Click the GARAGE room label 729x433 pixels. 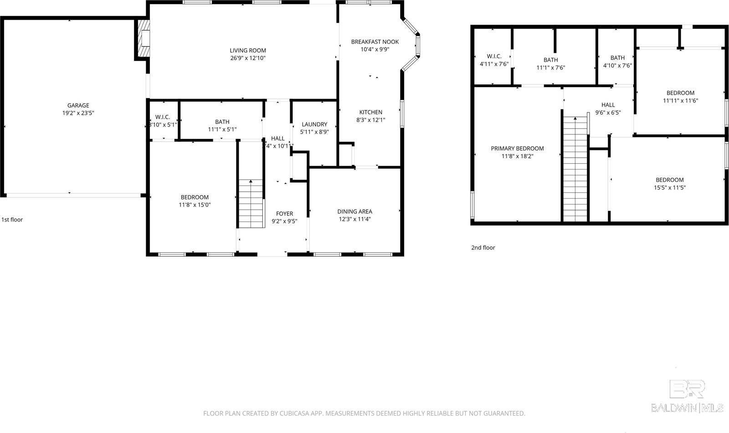[78, 105]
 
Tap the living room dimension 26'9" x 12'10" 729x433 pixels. [248, 58]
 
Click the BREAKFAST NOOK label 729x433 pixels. [375, 41]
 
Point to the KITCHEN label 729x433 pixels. [370, 112]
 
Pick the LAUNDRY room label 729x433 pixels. [314, 124]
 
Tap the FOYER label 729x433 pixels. [284, 213]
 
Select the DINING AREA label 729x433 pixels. [354, 211]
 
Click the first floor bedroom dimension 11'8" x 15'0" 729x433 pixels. [195, 205]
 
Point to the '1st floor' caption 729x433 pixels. [12, 220]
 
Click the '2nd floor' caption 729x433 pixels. [483, 247]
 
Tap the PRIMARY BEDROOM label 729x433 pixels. [517, 148]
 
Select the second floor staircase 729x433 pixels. [575, 169]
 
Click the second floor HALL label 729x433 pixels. [608, 105]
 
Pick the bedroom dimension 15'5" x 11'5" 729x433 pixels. [669, 187]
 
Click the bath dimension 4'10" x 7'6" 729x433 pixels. [617, 65]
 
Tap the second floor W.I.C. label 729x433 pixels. [494, 57]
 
